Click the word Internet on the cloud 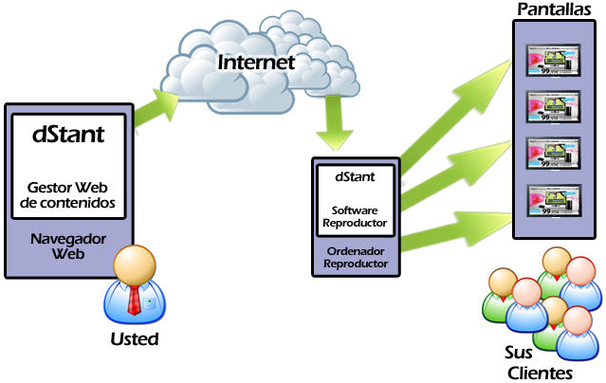(x=256, y=63)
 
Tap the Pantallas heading (x=555, y=9)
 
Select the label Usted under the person (x=133, y=338)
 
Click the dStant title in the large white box (x=68, y=134)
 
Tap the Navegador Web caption (x=68, y=246)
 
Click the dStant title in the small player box (x=356, y=176)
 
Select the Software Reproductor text (x=356, y=217)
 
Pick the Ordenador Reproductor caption (x=356, y=258)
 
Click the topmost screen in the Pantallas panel (x=555, y=64)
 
